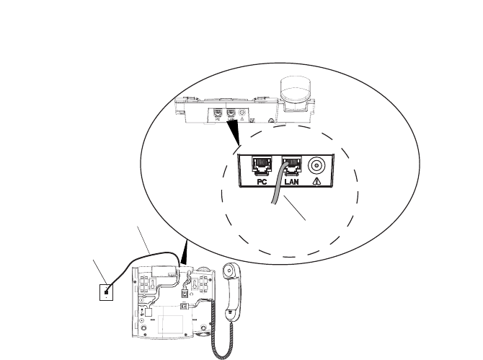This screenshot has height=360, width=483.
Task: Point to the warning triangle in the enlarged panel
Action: click(x=316, y=184)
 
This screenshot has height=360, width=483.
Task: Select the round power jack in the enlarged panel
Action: click(x=316, y=165)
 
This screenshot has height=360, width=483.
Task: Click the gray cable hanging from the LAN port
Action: click(x=275, y=195)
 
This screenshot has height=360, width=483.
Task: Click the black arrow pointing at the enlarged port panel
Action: click(x=236, y=132)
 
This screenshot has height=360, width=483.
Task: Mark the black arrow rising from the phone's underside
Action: click(x=186, y=253)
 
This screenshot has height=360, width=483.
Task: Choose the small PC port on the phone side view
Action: click(x=218, y=113)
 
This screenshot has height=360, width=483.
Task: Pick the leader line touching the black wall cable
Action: click(x=143, y=239)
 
